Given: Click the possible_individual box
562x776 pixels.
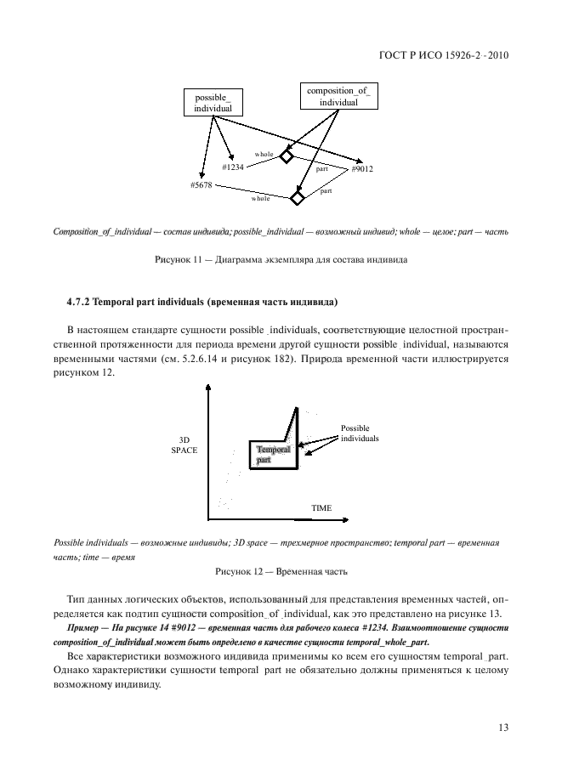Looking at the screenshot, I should coord(212,102).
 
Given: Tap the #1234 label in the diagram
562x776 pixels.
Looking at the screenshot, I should coord(233,167).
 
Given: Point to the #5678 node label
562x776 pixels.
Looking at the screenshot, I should coord(202,184).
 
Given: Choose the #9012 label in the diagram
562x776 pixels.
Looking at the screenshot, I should coord(362,169).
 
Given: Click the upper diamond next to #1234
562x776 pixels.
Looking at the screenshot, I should coord(287,157).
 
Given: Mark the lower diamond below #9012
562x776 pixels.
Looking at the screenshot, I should coord(297,199).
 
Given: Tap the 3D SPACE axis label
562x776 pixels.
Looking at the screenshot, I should coord(184,445).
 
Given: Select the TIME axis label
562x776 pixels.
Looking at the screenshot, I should coord(321,508).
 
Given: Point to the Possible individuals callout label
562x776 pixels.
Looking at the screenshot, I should coord(359,433).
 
